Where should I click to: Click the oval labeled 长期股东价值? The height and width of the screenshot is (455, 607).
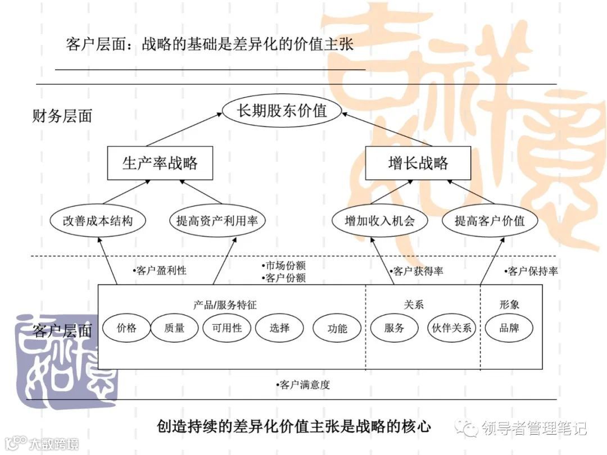coord(282,111)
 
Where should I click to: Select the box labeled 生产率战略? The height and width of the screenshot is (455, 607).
coord(160,163)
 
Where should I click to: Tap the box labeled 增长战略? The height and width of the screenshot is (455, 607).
coord(418,163)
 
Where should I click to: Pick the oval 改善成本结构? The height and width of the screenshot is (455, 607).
coord(98,221)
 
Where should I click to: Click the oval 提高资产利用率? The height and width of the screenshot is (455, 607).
coord(217,221)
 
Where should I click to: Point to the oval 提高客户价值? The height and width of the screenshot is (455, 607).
coord(490,221)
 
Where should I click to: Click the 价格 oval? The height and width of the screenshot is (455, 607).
coord(126,328)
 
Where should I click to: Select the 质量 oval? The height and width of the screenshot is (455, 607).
coord(175,328)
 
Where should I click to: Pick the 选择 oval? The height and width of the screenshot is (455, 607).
coord(279,328)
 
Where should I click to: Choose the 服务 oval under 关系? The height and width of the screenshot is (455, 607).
coord(395,328)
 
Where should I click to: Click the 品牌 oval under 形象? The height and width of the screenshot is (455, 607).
coord(509,328)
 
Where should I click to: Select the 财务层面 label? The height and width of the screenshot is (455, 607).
coord(62,116)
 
